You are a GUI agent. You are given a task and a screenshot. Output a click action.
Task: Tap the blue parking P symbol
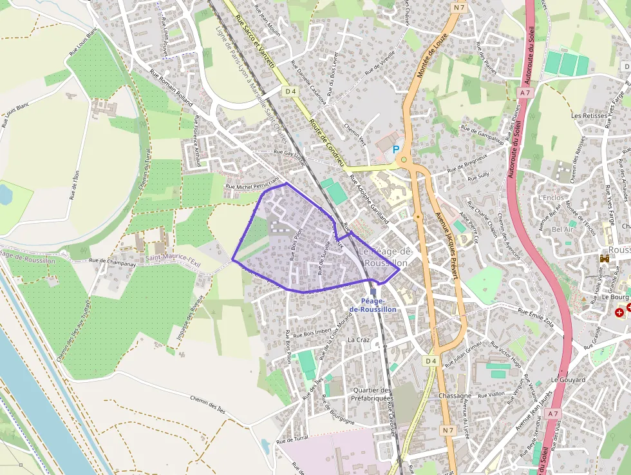pyautogui.click(x=396, y=149)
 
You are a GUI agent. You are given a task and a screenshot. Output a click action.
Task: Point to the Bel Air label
pyautogui.click(x=563, y=229)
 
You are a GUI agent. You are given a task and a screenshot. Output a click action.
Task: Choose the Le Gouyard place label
pyautogui.click(x=568, y=380)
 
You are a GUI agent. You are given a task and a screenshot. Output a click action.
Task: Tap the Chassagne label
pyautogui.click(x=455, y=395)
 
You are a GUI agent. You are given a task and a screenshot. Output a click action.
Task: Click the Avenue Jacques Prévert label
pyautogui.click(x=447, y=244)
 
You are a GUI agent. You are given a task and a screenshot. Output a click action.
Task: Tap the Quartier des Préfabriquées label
pyautogui.click(x=372, y=394)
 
